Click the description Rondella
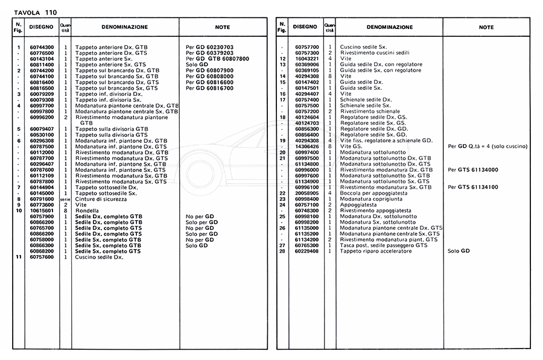pos(86,210)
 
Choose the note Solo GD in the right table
pos(459,251)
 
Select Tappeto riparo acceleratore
pos(376,251)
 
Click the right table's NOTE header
pos(486,27)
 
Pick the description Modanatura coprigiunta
pos(370,198)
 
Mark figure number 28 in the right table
pos(282,251)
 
